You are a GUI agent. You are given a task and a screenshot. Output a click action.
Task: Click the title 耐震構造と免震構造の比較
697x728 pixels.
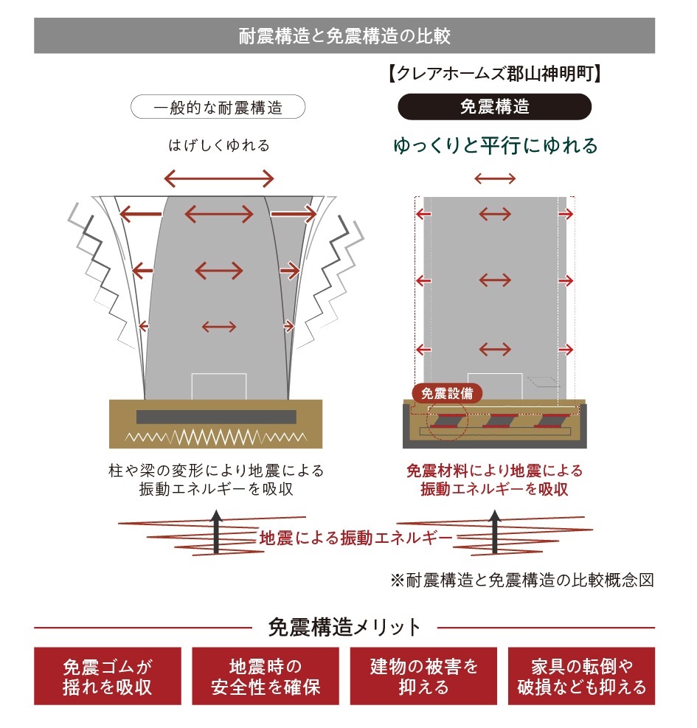(344, 35)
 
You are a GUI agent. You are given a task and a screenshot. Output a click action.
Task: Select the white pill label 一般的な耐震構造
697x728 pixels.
(218, 108)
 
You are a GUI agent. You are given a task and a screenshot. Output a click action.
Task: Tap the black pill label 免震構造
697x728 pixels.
(494, 107)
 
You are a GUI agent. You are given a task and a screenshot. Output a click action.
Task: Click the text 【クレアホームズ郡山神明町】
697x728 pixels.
(494, 74)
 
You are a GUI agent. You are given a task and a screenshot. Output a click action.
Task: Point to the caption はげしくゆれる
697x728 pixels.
(218, 145)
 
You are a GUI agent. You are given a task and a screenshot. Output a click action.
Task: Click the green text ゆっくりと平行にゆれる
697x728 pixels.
(495, 145)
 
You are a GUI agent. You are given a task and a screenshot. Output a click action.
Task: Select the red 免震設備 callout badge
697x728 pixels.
(447, 392)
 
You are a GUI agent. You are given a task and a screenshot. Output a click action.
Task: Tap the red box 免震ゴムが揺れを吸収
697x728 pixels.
(108, 676)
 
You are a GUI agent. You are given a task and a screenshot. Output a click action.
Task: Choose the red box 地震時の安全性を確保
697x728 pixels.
(266, 676)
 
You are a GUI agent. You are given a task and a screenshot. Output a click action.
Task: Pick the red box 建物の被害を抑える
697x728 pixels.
(423, 676)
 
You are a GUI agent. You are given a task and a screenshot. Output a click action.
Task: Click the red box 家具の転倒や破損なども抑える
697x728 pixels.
(581, 676)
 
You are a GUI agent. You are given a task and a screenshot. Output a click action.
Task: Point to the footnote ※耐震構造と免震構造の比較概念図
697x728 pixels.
(522, 580)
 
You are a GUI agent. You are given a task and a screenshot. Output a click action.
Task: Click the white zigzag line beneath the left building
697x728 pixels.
(215, 436)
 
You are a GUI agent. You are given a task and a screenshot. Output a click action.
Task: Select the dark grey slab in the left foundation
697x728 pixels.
(216, 417)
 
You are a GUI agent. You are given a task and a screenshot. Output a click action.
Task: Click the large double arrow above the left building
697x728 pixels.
(218, 178)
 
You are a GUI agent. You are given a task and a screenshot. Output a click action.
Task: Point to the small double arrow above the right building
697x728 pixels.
(495, 178)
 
